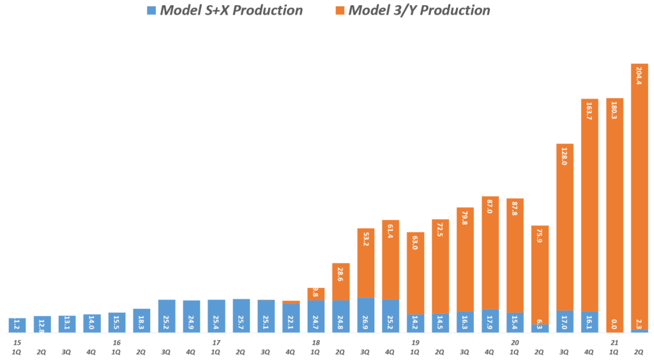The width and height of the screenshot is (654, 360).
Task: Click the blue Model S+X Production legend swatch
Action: [151, 11]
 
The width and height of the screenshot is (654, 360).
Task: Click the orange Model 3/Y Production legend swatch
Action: [339, 11]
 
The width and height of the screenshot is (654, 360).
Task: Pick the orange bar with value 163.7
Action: [589, 205]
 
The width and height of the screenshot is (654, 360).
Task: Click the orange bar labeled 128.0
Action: [565, 227]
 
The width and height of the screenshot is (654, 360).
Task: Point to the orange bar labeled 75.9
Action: [540, 274]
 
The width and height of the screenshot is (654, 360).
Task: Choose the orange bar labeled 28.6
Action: [340, 281]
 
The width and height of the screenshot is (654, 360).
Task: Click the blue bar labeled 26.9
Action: [365, 315]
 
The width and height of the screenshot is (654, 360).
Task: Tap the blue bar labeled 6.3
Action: [540, 328]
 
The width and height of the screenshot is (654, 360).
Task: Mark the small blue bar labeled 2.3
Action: [639, 331]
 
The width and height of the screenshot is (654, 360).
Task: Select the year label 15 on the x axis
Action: [17, 343]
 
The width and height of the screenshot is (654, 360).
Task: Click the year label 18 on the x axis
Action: [316, 343]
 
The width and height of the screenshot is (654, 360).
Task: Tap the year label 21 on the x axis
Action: [614, 343]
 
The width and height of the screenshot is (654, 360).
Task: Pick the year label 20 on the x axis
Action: [515, 343]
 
